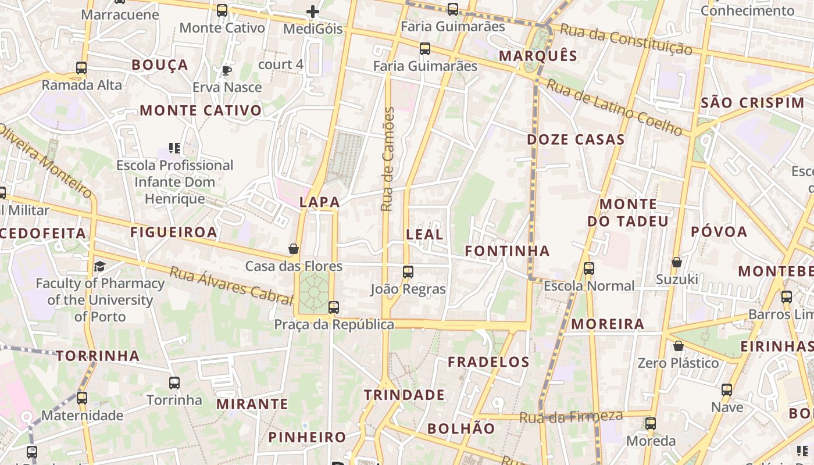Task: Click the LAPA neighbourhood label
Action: pos(319,202)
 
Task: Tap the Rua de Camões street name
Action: pos(388,159)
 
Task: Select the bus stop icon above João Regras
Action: pos(408,271)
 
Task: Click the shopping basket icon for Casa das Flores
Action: pos(294,249)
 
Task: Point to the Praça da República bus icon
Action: pos(334,307)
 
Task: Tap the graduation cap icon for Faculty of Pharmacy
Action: pos(100,266)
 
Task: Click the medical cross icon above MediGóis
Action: pos(313,11)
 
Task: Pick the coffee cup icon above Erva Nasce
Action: pos(227,70)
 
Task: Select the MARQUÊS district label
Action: pos(538,56)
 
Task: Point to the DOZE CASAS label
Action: pos(576,139)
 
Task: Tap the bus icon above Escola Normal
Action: pos(589,269)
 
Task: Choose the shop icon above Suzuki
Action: pos(677,262)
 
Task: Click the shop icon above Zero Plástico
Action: pos(678,346)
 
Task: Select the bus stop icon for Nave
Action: pos(727,389)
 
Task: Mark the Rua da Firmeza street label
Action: pos(570,417)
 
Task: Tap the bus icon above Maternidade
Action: pos(82,398)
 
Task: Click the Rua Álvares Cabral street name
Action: pos(231,285)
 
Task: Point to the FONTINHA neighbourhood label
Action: pos(507,251)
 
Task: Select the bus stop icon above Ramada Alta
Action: pos(81,68)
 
